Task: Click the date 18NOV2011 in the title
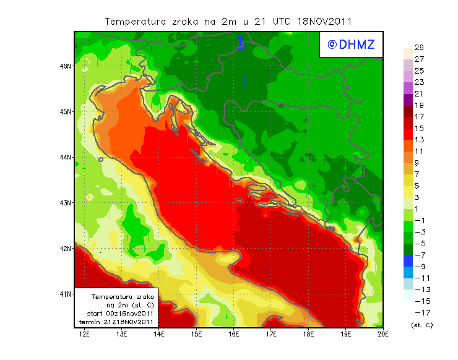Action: click(x=326, y=21)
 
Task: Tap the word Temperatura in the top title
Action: click(x=136, y=21)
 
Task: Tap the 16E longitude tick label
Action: click(x=233, y=335)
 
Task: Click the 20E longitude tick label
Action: click(x=383, y=335)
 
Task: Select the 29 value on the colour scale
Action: click(x=418, y=48)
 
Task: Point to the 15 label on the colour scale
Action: click(x=418, y=128)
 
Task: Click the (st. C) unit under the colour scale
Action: click(x=421, y=325)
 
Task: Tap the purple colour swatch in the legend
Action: click(x=407, y=99)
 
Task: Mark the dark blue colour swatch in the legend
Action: click(x=407, y=260)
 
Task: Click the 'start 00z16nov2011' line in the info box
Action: click(x=116, y=314)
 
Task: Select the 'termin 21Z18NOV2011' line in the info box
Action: click(x=116, y=322)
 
